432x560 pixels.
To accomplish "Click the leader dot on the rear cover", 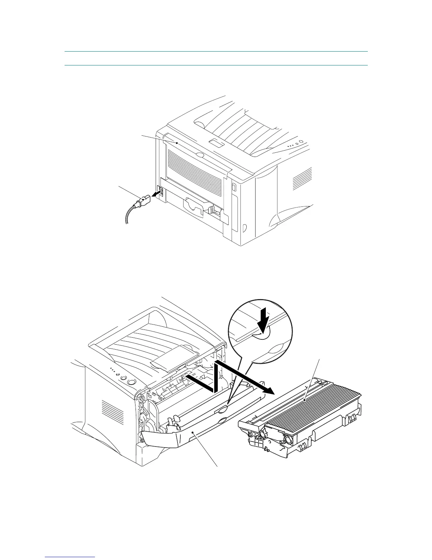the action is [176, 142].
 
